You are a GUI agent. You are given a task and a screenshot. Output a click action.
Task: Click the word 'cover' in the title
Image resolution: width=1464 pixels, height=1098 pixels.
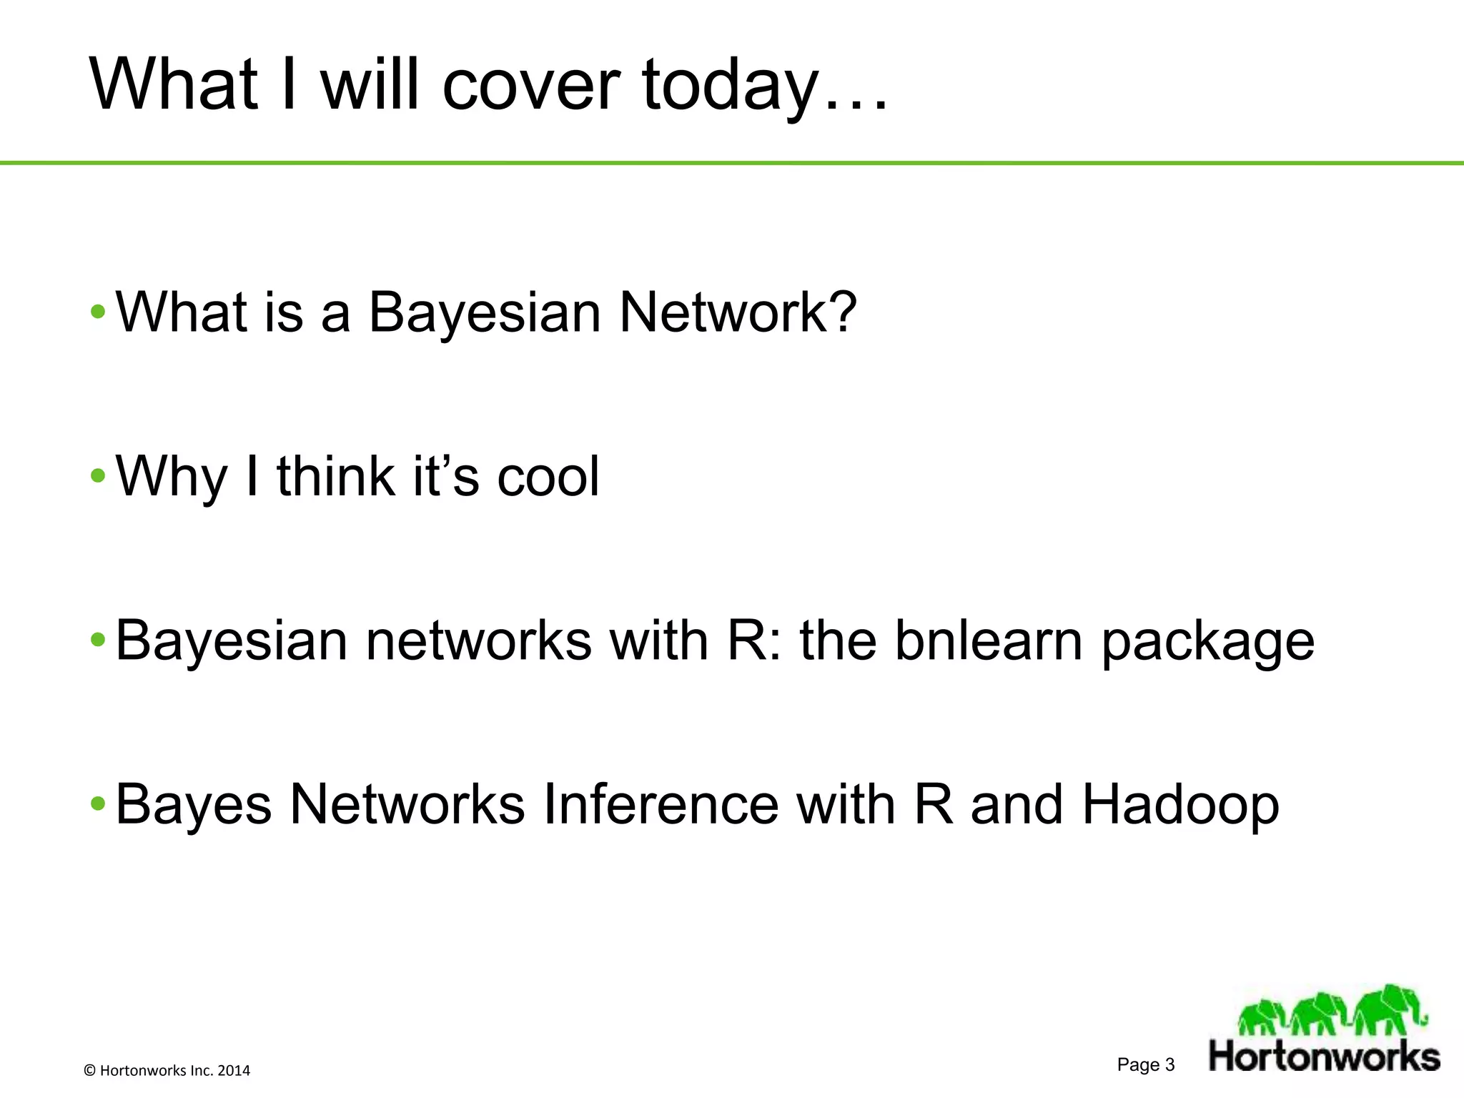click(x=530, y=86)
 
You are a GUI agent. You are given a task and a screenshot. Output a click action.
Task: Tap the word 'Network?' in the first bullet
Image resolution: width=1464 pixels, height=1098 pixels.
click(x=737, y=312)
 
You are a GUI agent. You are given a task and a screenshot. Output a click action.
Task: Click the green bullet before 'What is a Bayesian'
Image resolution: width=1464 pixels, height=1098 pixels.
click(x=98, y=312)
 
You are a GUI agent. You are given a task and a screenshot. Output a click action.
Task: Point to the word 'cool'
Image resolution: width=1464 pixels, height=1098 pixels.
click(x=548, y=477)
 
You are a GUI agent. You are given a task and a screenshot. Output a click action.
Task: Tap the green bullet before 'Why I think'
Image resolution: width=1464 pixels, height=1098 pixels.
click(x=98, y=477)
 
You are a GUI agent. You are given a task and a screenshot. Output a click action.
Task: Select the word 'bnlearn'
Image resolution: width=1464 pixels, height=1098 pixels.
click(x=989, y=640)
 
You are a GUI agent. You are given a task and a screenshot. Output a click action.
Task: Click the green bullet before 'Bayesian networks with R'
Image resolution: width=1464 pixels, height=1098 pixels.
click(x=98, y=640)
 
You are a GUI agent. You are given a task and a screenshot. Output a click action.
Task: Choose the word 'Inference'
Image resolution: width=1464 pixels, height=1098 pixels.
click(x=661, y=804)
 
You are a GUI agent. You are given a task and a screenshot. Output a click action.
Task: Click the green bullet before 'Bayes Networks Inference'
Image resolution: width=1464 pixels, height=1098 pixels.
click(x=98, y=804)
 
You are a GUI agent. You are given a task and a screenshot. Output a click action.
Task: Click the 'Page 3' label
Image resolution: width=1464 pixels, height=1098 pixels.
click(x=1145, y=1065)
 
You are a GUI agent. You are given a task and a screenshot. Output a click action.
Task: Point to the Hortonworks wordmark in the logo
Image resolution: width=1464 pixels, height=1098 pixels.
click(x=1324, y=1057)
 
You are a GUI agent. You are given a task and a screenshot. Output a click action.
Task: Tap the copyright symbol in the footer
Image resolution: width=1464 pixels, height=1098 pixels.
click(x=90, y=1071)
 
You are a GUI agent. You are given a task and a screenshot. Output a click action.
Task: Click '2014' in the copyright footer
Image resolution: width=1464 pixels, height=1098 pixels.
click(x=234, y=1071)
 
